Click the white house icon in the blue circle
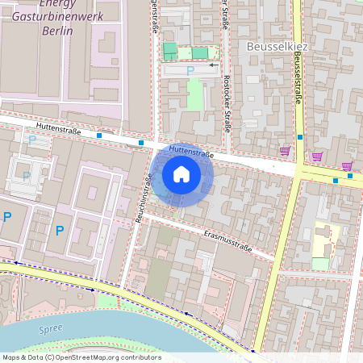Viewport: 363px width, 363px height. [181, 173]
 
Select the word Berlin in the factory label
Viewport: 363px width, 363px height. [56, 31]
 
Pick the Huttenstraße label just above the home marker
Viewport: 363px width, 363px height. [190, 150]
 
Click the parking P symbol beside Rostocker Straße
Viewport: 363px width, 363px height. [190, 71]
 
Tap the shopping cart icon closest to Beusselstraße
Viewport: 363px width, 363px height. [285, 150]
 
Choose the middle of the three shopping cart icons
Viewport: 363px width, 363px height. [317, 156]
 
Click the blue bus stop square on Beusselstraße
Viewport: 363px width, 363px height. [300, 137]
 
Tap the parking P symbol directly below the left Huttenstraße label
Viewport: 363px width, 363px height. [33, 140]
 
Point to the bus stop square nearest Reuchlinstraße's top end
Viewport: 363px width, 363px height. [141, 143]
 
